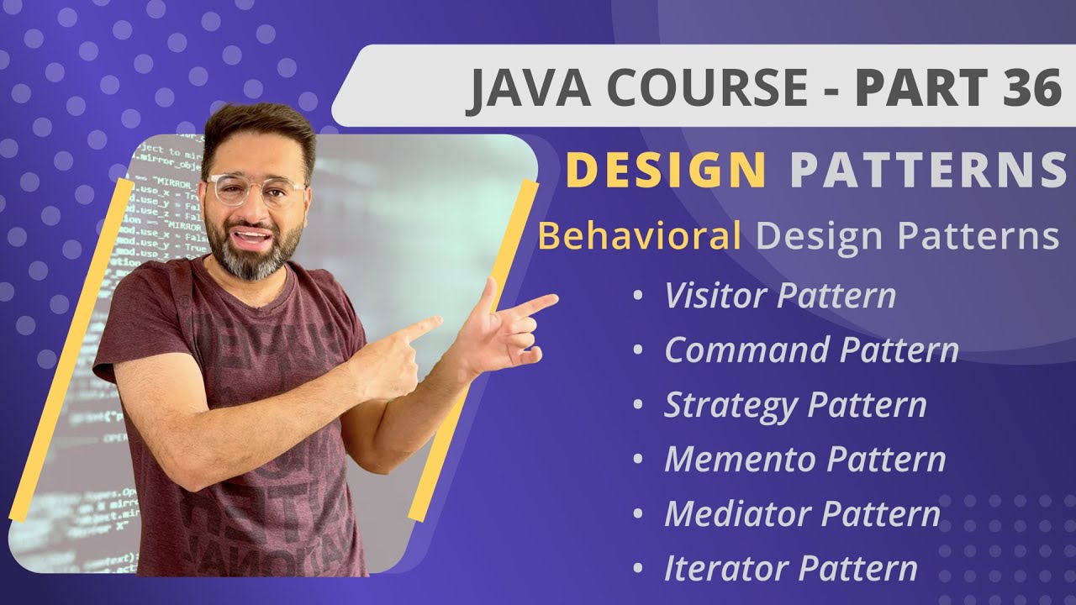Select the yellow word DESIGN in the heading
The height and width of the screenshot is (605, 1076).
665,170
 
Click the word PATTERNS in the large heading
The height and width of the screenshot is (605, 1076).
927,170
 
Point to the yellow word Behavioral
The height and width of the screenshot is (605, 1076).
639,237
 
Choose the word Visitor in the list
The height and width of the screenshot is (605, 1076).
715,296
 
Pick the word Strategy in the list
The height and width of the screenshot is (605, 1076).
729,405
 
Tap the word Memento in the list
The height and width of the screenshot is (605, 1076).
740,460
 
